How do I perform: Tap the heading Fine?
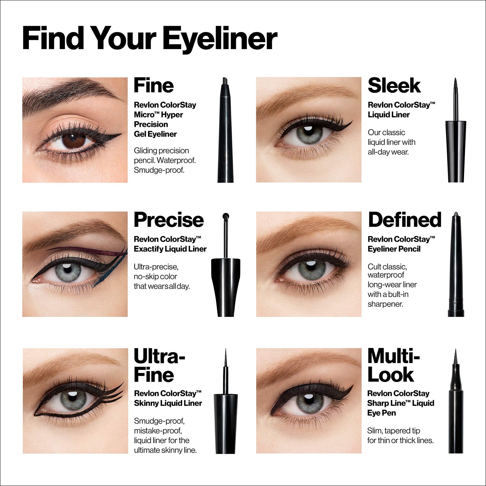(x=154, y=86)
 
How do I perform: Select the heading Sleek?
(x=394, y=86)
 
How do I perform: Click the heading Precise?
(x=169, y=220)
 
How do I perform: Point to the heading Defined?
(x=405, y=220)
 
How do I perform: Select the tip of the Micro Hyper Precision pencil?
(x=224, y=81)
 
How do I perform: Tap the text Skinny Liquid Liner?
(x=168, y=403)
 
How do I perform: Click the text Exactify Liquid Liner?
(x=170, y=249)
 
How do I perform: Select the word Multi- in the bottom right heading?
(x=394, y=356)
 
